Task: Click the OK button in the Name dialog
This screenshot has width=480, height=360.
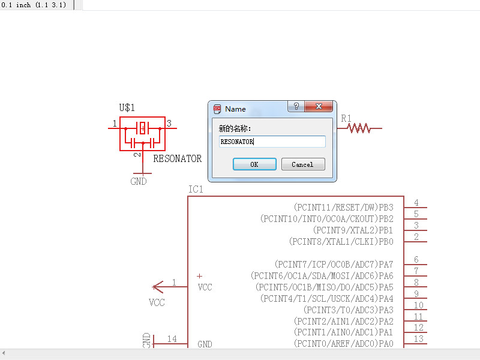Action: (x=254, y=164)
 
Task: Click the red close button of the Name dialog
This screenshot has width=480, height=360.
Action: (x=319, y=107)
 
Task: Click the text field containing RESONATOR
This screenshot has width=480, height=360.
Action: (x=272, y=142)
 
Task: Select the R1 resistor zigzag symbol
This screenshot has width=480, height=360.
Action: (x=359, y=128)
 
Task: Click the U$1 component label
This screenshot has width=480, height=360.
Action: (x=127, y=108)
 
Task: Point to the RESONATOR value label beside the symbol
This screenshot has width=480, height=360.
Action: (x=178, y=159)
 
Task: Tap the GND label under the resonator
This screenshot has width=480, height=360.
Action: (x=139, y=181)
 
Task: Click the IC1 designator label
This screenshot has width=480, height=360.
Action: (x=196, y=190)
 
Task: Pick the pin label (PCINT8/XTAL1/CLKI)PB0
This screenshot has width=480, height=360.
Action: (x=341, y=241)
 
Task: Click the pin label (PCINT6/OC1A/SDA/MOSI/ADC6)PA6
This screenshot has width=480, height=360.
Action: (x=322, y=275)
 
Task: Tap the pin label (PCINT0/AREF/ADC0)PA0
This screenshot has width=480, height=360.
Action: (x=344, y=343)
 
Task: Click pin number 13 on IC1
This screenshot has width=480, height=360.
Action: (x=419, y=339)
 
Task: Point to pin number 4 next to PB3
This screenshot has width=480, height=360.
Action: (x=416, y=203)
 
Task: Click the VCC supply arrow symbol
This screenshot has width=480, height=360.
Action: (x=159, y=287)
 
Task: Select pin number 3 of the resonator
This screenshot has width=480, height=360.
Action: (x=169, y=124)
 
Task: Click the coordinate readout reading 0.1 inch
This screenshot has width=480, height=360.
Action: (x=34, y=5)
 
